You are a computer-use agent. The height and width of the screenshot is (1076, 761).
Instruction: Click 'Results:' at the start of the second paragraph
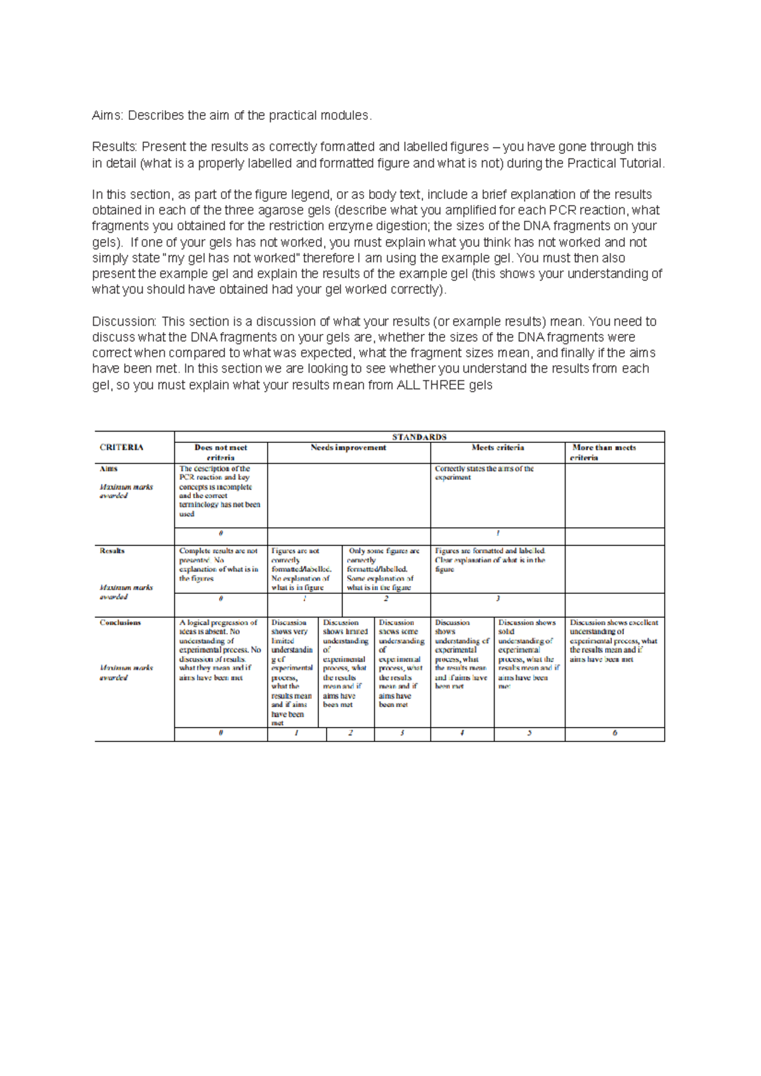(115, 147)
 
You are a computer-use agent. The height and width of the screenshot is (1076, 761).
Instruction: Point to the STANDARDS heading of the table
(419, 437)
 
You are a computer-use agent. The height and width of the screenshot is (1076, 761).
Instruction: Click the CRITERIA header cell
(122, 447)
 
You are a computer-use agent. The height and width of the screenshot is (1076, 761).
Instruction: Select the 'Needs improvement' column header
(348, 447)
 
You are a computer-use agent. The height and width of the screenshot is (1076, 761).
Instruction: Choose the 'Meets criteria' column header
(498, 447)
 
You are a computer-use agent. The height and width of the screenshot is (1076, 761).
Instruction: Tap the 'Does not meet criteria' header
(221, 452)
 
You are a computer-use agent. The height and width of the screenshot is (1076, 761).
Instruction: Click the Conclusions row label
(120, 622)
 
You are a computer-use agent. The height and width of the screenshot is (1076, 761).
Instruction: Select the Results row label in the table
(112, 551)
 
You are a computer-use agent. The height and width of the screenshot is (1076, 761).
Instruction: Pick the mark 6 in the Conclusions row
(615, 733)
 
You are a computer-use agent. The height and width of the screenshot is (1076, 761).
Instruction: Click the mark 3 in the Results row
(498, 598)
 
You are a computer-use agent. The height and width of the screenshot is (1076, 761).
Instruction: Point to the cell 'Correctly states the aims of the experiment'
(484, 473)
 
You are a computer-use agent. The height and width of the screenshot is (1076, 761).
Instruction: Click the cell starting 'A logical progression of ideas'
(219, 650)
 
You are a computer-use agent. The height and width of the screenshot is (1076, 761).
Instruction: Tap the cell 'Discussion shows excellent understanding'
(613, 641)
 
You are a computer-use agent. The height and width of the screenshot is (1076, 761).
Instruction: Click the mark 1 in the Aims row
(498, 533)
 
